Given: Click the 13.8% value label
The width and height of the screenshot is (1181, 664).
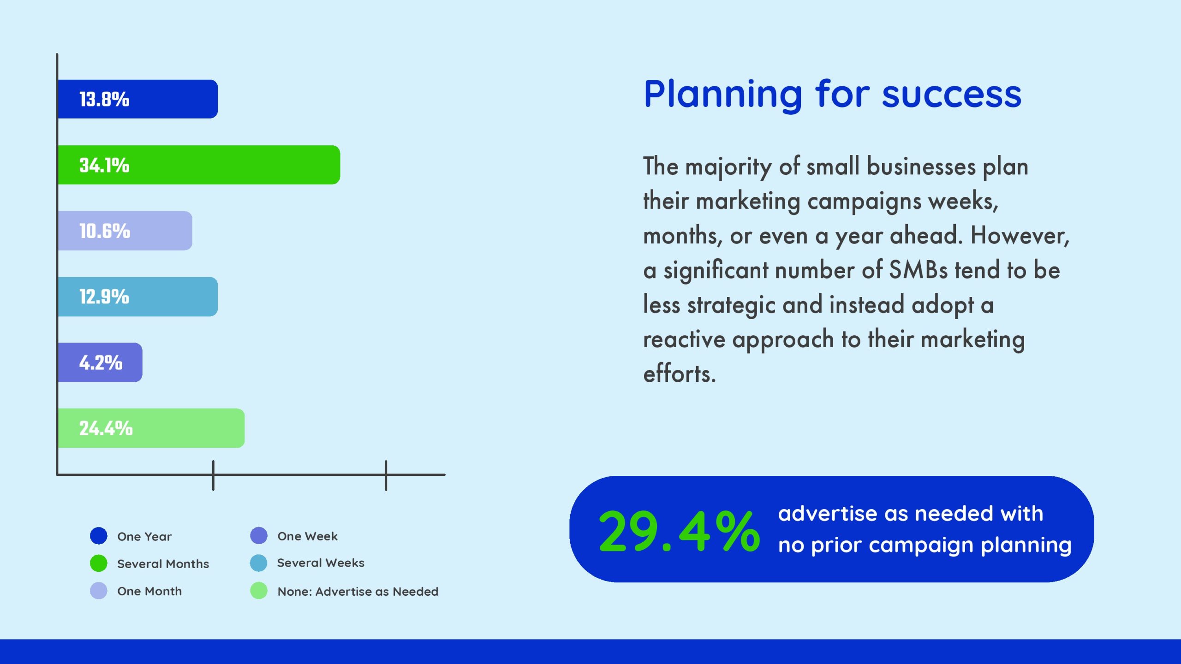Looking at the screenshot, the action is [x=104, y=100].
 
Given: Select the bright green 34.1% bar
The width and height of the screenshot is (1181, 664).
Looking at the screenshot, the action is [x=199, y=165].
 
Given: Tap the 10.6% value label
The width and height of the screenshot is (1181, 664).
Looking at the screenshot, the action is [x=105, y=231].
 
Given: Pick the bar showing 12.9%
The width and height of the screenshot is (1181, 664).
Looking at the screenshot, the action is [x=137, y=296].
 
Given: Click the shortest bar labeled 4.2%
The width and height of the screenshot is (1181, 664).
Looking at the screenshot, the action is [x=100, y=362].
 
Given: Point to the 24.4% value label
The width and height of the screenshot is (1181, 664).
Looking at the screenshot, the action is [x=106, y=428].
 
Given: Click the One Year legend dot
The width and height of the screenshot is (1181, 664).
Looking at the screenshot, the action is [x=99, y=536].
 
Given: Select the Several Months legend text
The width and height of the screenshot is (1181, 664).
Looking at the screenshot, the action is [x=163, y=563].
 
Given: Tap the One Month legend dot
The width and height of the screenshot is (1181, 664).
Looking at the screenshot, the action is [x=99, y=591].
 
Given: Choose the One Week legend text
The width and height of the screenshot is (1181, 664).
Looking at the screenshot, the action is [x=308, y=536].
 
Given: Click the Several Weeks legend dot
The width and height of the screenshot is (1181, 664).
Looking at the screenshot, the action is [x=259, y=563].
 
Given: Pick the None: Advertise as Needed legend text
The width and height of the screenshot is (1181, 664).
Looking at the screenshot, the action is [x=358, y=592].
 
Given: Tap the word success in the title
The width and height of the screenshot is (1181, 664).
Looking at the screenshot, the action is [x=952, y=95].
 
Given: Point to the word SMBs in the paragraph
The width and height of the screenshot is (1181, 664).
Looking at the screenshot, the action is [x=919, y=270].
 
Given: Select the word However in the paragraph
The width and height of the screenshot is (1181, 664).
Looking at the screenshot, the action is [x=1020, y=236].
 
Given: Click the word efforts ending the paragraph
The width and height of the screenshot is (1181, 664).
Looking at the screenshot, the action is [x=680, y=373].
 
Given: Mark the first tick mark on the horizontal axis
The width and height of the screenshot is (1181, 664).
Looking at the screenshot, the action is [x=213, y=475].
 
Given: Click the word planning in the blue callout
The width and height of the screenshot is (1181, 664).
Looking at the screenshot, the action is [x=1026, y=546].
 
